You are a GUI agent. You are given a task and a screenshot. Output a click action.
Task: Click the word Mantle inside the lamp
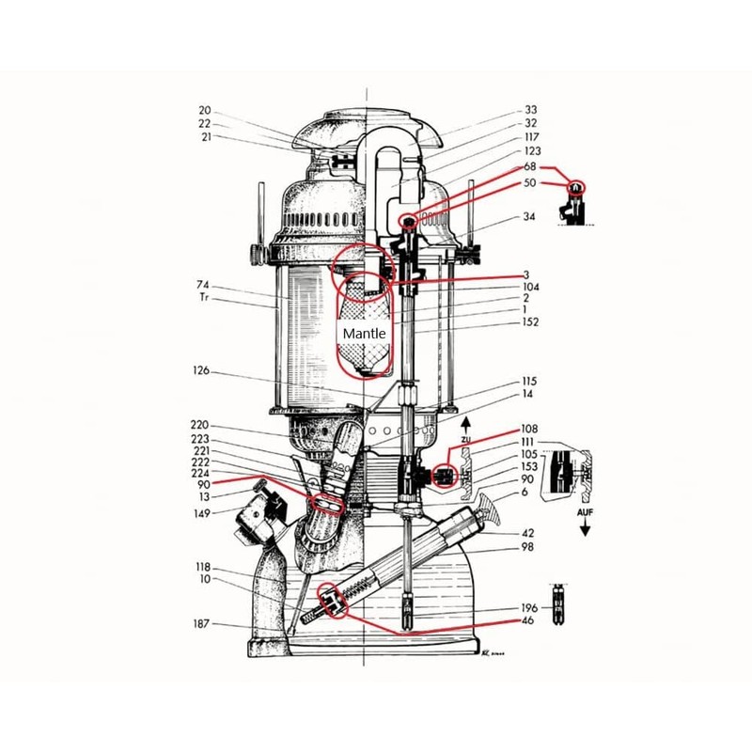pyautogui.click(x=363, y=333)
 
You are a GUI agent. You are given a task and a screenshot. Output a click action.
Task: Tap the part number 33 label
pyautogui.click(x=531, y=110)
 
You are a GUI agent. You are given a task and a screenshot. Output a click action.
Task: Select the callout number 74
pyautogui.click(x=202, y=285)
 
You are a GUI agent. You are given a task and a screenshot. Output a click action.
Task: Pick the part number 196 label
pyautogui.click(x=528, y=607)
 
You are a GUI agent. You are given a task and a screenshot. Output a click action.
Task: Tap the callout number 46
pyautogui.click(x=528, y=620)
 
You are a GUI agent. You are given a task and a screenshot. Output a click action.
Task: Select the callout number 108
pyautogui.click(x=529, y=428)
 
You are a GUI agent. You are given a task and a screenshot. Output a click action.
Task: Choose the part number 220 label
pyautogui.click(x=199, y=425)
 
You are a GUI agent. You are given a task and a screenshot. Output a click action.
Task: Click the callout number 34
pyautogui.click(x=529, y=217)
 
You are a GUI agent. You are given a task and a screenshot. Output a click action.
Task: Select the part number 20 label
pyautogui.click(x=204, y=110)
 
